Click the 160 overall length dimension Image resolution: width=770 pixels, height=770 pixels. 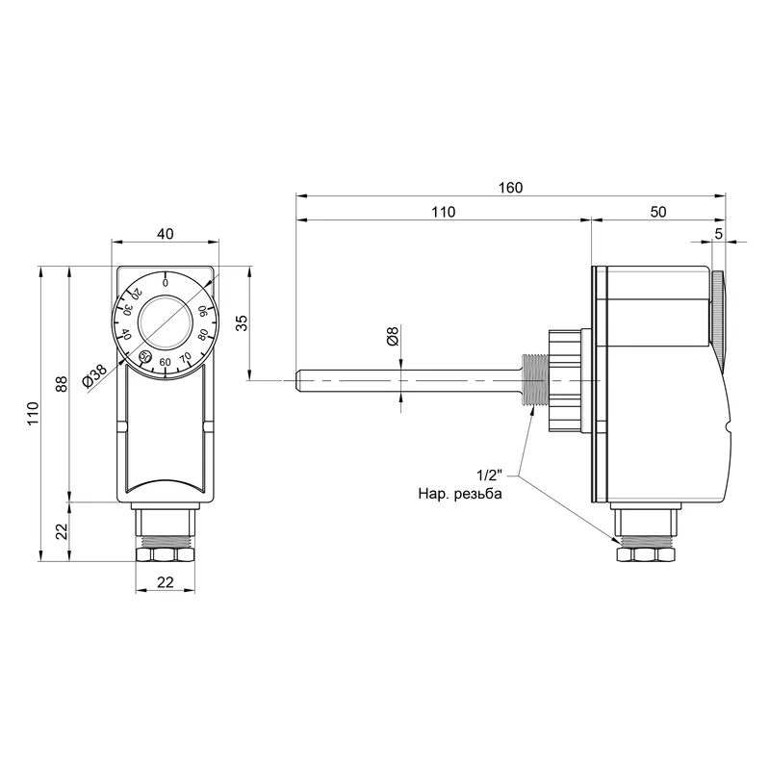point(511,188)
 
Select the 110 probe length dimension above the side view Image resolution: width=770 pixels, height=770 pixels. point(444,212)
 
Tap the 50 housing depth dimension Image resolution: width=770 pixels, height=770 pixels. point(658,212)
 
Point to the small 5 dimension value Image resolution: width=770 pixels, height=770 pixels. point(718,234)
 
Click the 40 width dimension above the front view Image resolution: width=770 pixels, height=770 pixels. point(165,234)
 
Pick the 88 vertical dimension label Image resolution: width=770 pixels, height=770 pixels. point(61,384)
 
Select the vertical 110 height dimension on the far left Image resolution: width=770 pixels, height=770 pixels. point(33,414)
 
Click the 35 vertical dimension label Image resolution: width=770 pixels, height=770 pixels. point(242,322)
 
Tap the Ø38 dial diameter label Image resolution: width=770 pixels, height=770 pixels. point(94,375)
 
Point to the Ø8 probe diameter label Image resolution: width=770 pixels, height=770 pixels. point(393,336)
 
